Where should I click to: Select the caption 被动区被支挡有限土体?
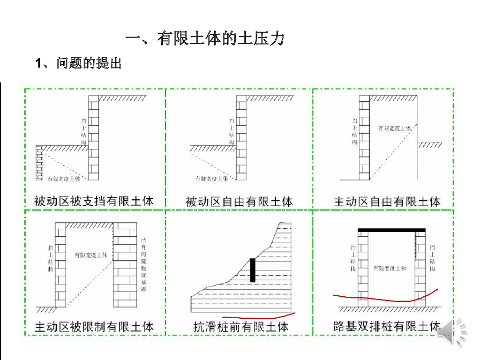pyautogui.click(x=94, y=202)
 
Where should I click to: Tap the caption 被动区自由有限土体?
pyautogui.click(x=239, y=202)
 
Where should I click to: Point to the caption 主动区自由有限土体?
pyautogui.click(x=387, y=202)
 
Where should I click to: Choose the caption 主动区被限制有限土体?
pyautogui.click(x=94, y=326)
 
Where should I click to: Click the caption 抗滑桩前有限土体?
pyautogui.click(x=241, y=326)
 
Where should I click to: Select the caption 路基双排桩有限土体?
pyautogui.click(x=387, y=326)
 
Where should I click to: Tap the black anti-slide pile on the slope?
pyautogui.click(x=253, y=270)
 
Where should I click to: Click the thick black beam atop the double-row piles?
pyautogui.click(x=391, y=230)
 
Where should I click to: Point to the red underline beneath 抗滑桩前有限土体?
pyautogui.click(x=258, y=315)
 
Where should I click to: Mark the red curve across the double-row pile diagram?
pyautogui.click(x=384, y=299)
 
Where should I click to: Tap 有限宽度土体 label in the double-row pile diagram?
pyautogui.click(x=390, y=268)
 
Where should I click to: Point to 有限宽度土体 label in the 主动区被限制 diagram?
pyautogui.click(x=91, y=255)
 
